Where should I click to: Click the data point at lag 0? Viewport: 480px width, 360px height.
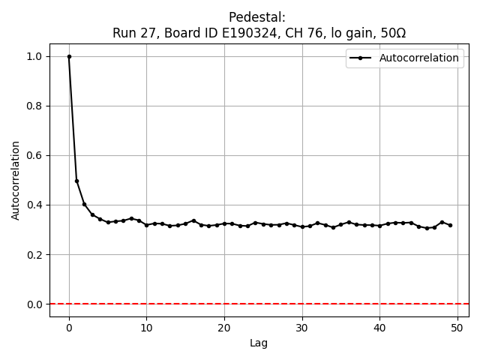coord(69,56)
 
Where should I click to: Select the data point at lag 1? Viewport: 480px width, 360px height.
coord(76,181)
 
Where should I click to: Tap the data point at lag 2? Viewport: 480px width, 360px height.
coord(85,204)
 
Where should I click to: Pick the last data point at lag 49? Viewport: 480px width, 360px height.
coord(450,225)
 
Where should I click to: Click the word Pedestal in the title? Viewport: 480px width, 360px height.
coord(259,17)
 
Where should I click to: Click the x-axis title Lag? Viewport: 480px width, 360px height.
coord(259,343)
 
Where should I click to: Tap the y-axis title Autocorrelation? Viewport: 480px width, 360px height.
coord(16,180)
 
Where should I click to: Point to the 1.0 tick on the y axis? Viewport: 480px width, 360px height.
coord(35,56)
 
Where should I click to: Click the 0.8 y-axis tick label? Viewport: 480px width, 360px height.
coord(35,106)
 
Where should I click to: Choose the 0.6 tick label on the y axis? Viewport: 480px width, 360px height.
coord(35,155)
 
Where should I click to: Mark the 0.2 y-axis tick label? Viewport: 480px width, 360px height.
coord(35,254)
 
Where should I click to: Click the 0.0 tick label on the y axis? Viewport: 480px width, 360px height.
coord(35,304)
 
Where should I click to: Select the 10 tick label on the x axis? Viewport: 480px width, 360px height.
coord(147,327)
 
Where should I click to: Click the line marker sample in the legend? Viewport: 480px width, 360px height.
coord(361,58)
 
